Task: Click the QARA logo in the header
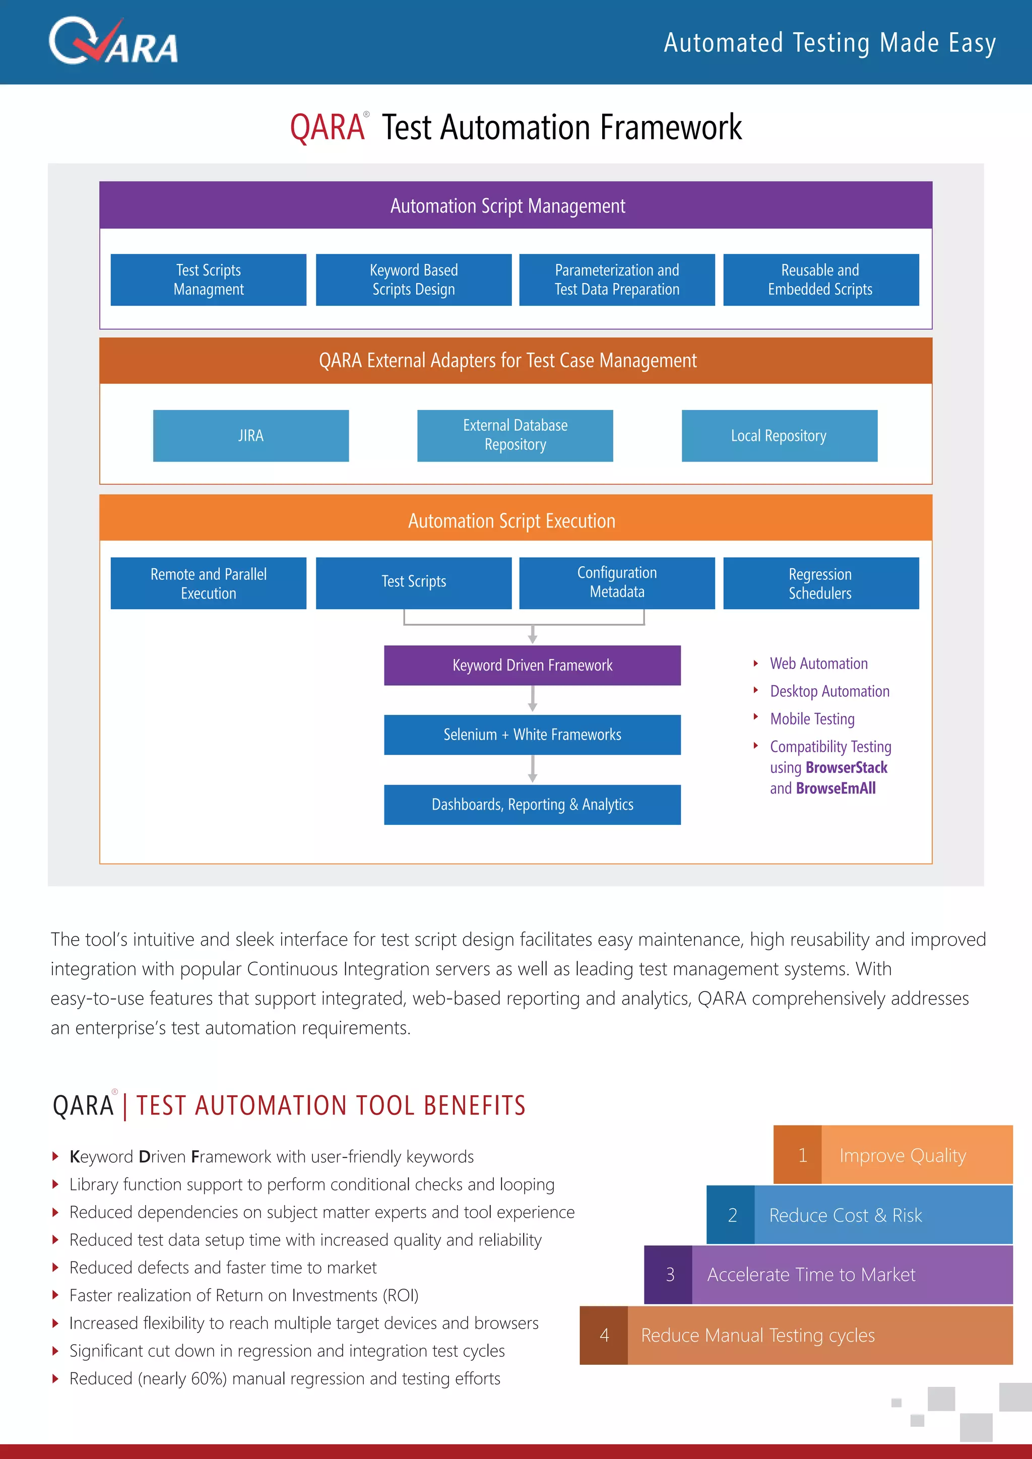pyautogui.click(x=113, y=42)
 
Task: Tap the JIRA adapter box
pyautogui.click(x=250, y=436)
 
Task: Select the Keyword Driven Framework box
pyautogui.click(x=532, y=666)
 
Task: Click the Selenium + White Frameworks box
pyautogui.click(x=532, y=735)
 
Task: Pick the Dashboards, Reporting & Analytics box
pyautogui.click(x=532, y=805)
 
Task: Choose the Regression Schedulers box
pyautogui.click(x=820, y=583)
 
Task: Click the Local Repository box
pyautogui.click(x=779, y=436)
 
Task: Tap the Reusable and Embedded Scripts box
pyautogui.click(x=820, y=280)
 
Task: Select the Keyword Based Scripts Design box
pyautogui.click(x=413, y=280)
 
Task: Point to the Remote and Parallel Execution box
pyautogui.click(x=209, y=583)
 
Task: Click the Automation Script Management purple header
pyautogui.click(x=515, y=205)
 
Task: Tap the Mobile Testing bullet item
pyautogui.click(x=812, y=719)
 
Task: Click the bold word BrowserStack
pyautogui.click(x=846, y=768)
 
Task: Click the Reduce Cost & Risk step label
pyautogui.click(x=845, y=1215)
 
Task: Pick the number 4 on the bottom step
pyautogui.click(x=604, y=1335)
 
